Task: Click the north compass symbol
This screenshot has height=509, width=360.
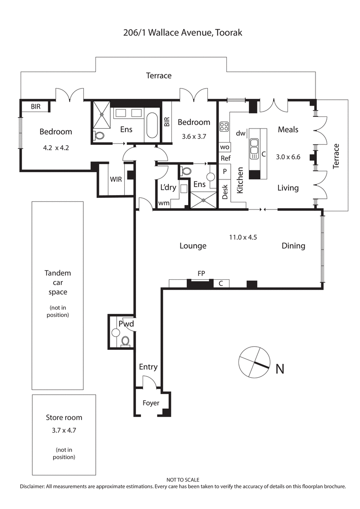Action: (x=254, y=362)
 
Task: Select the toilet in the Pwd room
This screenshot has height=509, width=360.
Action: (x=126, y=341)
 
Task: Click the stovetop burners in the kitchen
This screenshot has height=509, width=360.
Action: (x=224, y=127)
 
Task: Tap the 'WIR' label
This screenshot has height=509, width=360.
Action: (x=116, y=179)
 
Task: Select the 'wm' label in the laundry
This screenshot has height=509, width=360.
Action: (x=163, y=203)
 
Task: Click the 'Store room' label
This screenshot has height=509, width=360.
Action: (x=64, y=417)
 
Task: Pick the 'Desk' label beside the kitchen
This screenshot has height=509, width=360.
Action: (x=225, y=192)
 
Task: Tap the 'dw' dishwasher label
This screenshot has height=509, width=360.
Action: (x=241, y=133)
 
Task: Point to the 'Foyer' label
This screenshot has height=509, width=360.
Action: (x=151, y=403)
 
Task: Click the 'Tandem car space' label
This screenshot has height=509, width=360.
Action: (x=58, y=282)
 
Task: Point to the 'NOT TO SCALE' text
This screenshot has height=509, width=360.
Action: (x=183, y=480)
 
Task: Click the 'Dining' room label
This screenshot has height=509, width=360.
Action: (x=293, y=246)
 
